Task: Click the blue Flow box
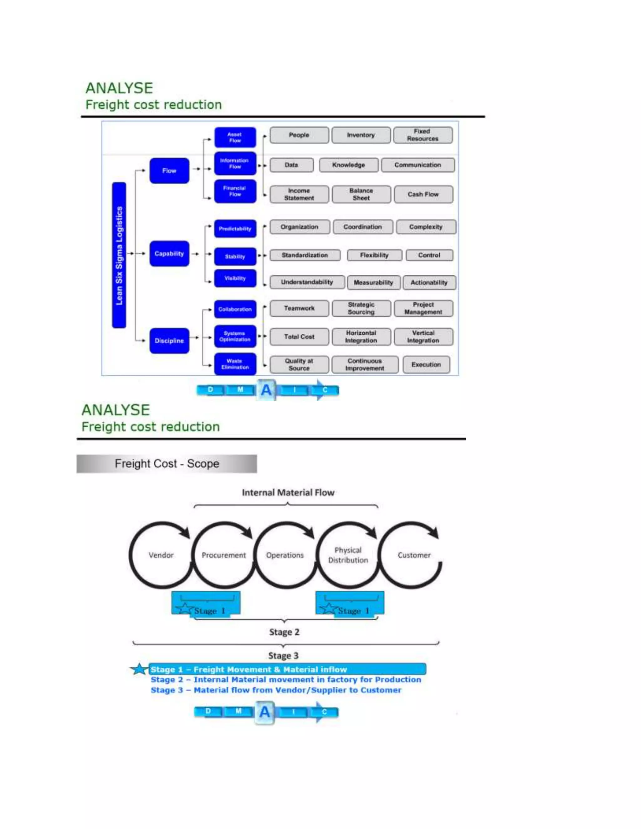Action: coord(169,171)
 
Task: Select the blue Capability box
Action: coord(169,254)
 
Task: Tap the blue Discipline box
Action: coord(169,340)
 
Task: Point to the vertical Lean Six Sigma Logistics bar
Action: coord(119,255)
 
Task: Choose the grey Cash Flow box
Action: coord(423,194)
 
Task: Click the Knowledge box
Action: coord(348,165)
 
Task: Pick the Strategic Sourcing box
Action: coord(361,308)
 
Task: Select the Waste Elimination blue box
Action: coord(235,364)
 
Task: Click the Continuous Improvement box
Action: coord(365,364)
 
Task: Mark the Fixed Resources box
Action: coord(423,135)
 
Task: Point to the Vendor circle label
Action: coord(161,555)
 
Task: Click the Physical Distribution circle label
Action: coord(348,555)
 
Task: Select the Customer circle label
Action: coord(414,555)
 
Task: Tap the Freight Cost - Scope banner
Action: coord(167,464)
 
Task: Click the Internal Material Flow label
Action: coord(288,492)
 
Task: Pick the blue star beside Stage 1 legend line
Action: coord(139,669)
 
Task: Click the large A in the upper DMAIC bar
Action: coord(267,390)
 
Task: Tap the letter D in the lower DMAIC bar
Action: coord(208,711)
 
